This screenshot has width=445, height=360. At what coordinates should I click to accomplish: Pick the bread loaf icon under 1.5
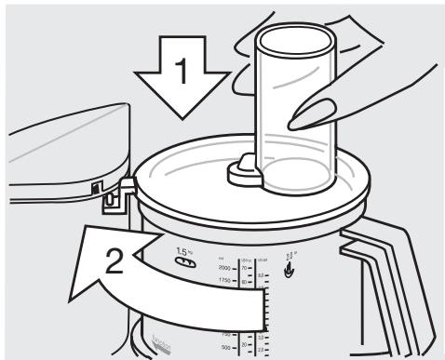(184, 263)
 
